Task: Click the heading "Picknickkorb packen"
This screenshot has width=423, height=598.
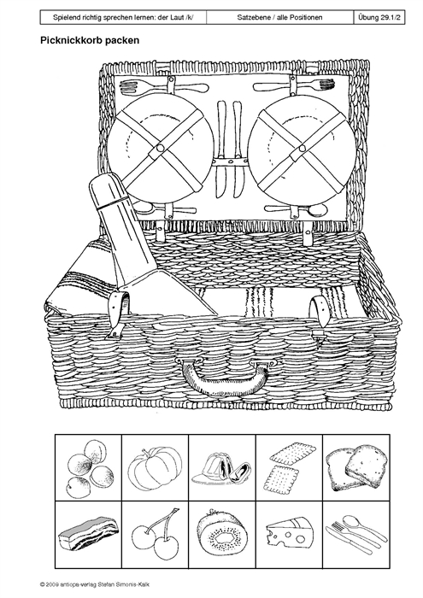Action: [x=90, y=40]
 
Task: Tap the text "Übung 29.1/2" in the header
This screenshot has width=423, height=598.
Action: [x=379, y=17]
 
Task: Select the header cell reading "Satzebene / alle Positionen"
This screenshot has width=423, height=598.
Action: [x=279, y=17]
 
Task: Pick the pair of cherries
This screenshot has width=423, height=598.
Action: [x=156, y=533]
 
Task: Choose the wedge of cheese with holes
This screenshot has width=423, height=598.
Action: [x=288, y=532]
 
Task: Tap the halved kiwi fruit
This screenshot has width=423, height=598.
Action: [x=221, y=533]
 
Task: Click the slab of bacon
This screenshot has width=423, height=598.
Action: [x=89, y=534]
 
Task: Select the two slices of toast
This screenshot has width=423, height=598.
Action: [x=355, y=467]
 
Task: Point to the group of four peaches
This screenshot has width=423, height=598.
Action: [x=91, y=467]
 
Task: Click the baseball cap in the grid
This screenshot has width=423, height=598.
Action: [x=221, y=468]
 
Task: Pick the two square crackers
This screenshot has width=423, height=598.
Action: [x=290, y=466]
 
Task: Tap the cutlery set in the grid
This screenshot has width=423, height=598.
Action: [x=356, y=534]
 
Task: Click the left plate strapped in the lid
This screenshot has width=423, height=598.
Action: [x=159, y=148]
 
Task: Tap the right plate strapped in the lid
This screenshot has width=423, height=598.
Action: [x=303, y=148]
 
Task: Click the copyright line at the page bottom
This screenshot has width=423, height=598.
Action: [x=97, y=584]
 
